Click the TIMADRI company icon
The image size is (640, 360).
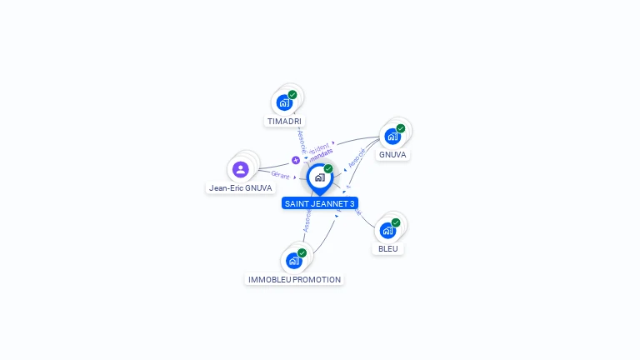click(x=284, y=103)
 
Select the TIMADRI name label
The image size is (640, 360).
click(x=284, y=122)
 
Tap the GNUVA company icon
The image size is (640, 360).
click(x=392, y=137)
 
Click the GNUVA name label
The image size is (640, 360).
click(x=392, y=155)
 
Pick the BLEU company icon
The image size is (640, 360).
click(x=387, y=231)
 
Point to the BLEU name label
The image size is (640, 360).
click(x=387, y=248)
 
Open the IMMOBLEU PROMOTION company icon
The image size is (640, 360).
click(x=293, y=261)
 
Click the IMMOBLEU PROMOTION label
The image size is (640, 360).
click(x=294, y=280)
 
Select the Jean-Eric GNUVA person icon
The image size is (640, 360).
click(x=241, y=170)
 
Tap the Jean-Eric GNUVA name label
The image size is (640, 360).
click(x=240, y=188)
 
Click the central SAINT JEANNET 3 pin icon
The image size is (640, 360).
click(x=319, y=177)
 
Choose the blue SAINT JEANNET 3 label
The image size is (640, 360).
click(x=319, y=203)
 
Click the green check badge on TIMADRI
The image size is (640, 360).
click(x=292, y=95)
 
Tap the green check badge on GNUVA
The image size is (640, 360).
click(x=401, y=128)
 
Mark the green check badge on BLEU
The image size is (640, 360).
click(x=396, y=222)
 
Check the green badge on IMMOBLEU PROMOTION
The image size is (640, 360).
click(x=302, y=252)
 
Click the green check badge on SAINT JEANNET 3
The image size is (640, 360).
click(x=328, y=168)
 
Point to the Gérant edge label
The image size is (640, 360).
click(x=279, y=174)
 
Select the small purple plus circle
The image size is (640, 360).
click(x=295, y=160)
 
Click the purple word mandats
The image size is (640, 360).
click(x=321, y=152)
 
